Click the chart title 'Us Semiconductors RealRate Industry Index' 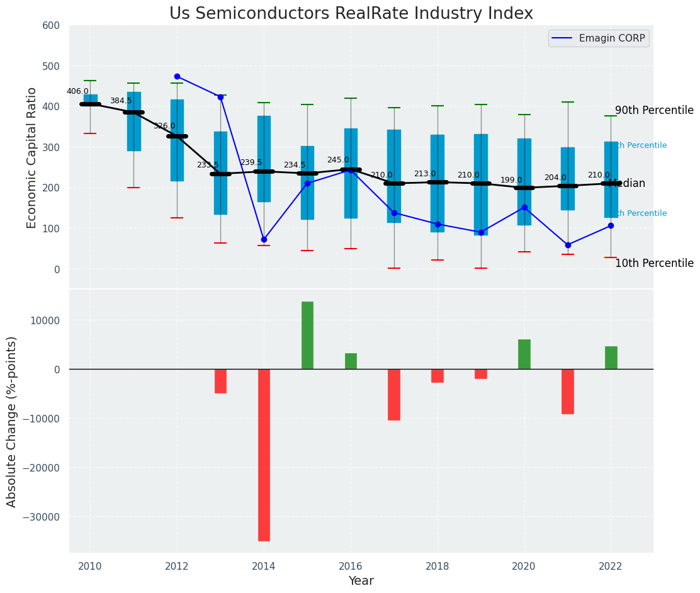(x=351, y=14)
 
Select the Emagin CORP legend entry (x=599, y=38)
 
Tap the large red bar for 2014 (x=264, y=455)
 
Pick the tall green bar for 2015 (x=307, y=335)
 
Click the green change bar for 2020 (x=524, y=354)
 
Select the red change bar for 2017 (x=394, y=395)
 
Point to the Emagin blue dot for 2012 (x=177, y=76)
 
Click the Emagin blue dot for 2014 (x=264, y=239)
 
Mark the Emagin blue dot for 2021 (x=568, y=245)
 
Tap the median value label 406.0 (x=77, y=91)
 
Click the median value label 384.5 (x=121, y=101)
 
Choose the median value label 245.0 (x=338, y=160)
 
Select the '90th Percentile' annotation (x=654, y=110)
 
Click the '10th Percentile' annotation (x=654, y=263)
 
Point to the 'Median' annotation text (x=627, y=184)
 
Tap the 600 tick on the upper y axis (x=51, y=25)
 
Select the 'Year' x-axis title (x=361, y=581)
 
